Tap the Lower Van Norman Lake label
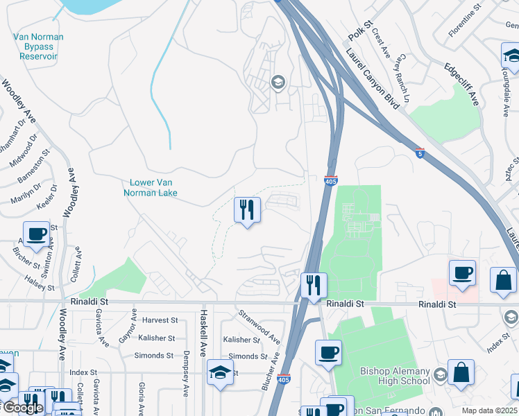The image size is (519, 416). [154, 188]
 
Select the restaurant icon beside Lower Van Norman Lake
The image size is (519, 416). [247, 209]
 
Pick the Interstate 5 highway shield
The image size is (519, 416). [420, 153]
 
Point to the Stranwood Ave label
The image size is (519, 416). [259, 327]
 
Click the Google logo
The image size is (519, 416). [22, 408]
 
